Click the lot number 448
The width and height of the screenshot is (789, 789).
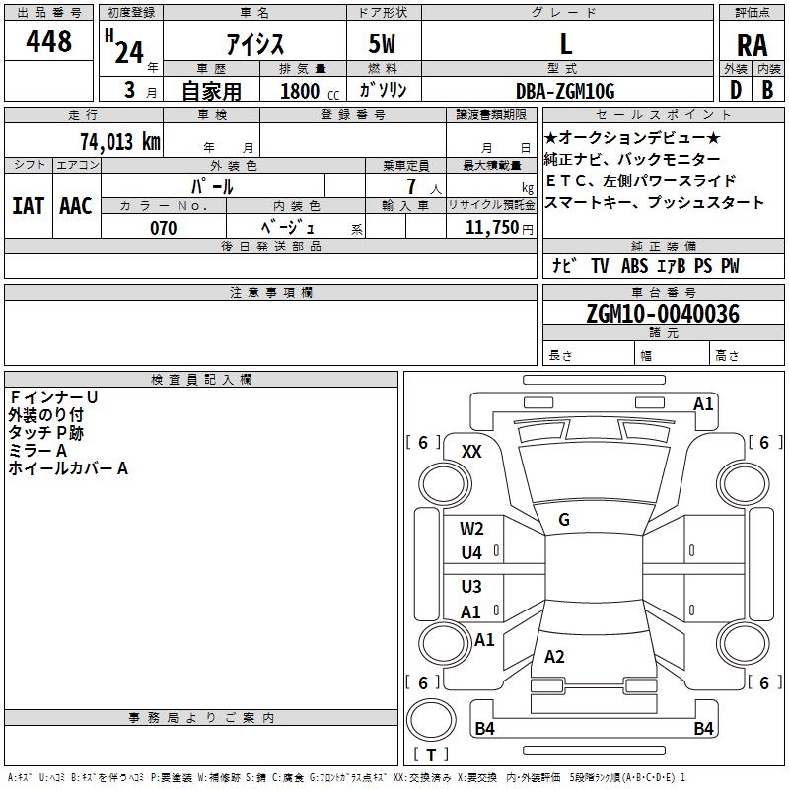point(50,41)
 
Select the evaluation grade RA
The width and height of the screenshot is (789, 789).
point(752,44)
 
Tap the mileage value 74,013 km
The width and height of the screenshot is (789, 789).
point(119,142)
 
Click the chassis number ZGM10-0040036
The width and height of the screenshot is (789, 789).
point(663,314)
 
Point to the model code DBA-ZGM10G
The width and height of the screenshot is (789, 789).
point(565,91)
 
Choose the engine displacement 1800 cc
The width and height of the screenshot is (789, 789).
point(301,91)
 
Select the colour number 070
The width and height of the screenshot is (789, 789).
point(163,228)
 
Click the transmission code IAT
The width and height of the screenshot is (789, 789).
point(28,206)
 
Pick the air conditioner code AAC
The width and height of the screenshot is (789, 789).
point(76,206)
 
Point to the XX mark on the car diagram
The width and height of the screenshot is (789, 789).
point(472,452)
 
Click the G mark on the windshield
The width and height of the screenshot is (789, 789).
point(564,520)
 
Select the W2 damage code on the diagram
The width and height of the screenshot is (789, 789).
point(471,529)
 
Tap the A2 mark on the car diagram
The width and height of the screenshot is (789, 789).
point(554,657)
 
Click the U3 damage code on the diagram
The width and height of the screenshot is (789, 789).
point(471,587)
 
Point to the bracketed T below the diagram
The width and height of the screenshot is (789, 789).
point(431,754)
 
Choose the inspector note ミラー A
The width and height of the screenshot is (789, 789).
point(37,450)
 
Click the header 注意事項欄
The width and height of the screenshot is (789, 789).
point(270,293)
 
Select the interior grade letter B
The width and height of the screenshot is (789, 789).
point(767,91)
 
